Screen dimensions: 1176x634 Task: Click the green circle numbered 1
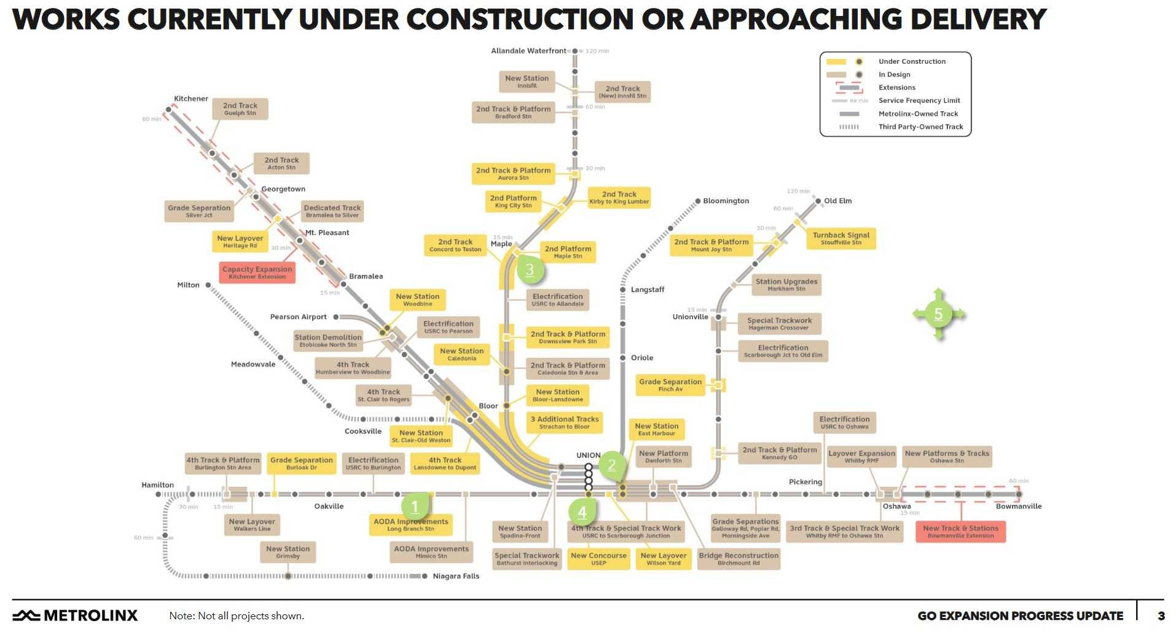coord(415,507)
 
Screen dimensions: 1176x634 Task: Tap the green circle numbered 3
coord(530,269)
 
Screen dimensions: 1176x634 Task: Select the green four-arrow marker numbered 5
coord(938,314)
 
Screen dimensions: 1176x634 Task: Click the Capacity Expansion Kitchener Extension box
coord(257,273)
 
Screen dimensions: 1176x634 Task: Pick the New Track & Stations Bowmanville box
coord(960,532)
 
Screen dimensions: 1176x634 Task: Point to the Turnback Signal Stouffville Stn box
coord(841,238)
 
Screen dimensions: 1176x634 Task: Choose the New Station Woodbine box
coord(418,300)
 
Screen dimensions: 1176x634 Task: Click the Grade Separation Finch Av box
coord(670,385)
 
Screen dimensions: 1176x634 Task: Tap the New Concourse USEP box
coord(598,559)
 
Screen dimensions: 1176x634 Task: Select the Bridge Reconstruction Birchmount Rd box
coord(739,559)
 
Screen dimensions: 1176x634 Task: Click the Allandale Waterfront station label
coord(528,51)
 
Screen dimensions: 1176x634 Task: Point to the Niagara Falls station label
coord(456,576)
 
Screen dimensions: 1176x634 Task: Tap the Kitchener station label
coord(191,99)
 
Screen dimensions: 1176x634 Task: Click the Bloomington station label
coord(726,201)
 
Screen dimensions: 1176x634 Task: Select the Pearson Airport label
coord(299,317)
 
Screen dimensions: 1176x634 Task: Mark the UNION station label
coord(589,455)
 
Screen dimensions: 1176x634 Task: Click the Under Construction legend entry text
coord(912,61)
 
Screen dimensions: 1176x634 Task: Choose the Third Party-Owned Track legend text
coord(921,127)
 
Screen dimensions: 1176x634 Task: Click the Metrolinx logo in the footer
coord(76,616)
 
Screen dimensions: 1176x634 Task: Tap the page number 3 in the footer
coord(1161,616)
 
